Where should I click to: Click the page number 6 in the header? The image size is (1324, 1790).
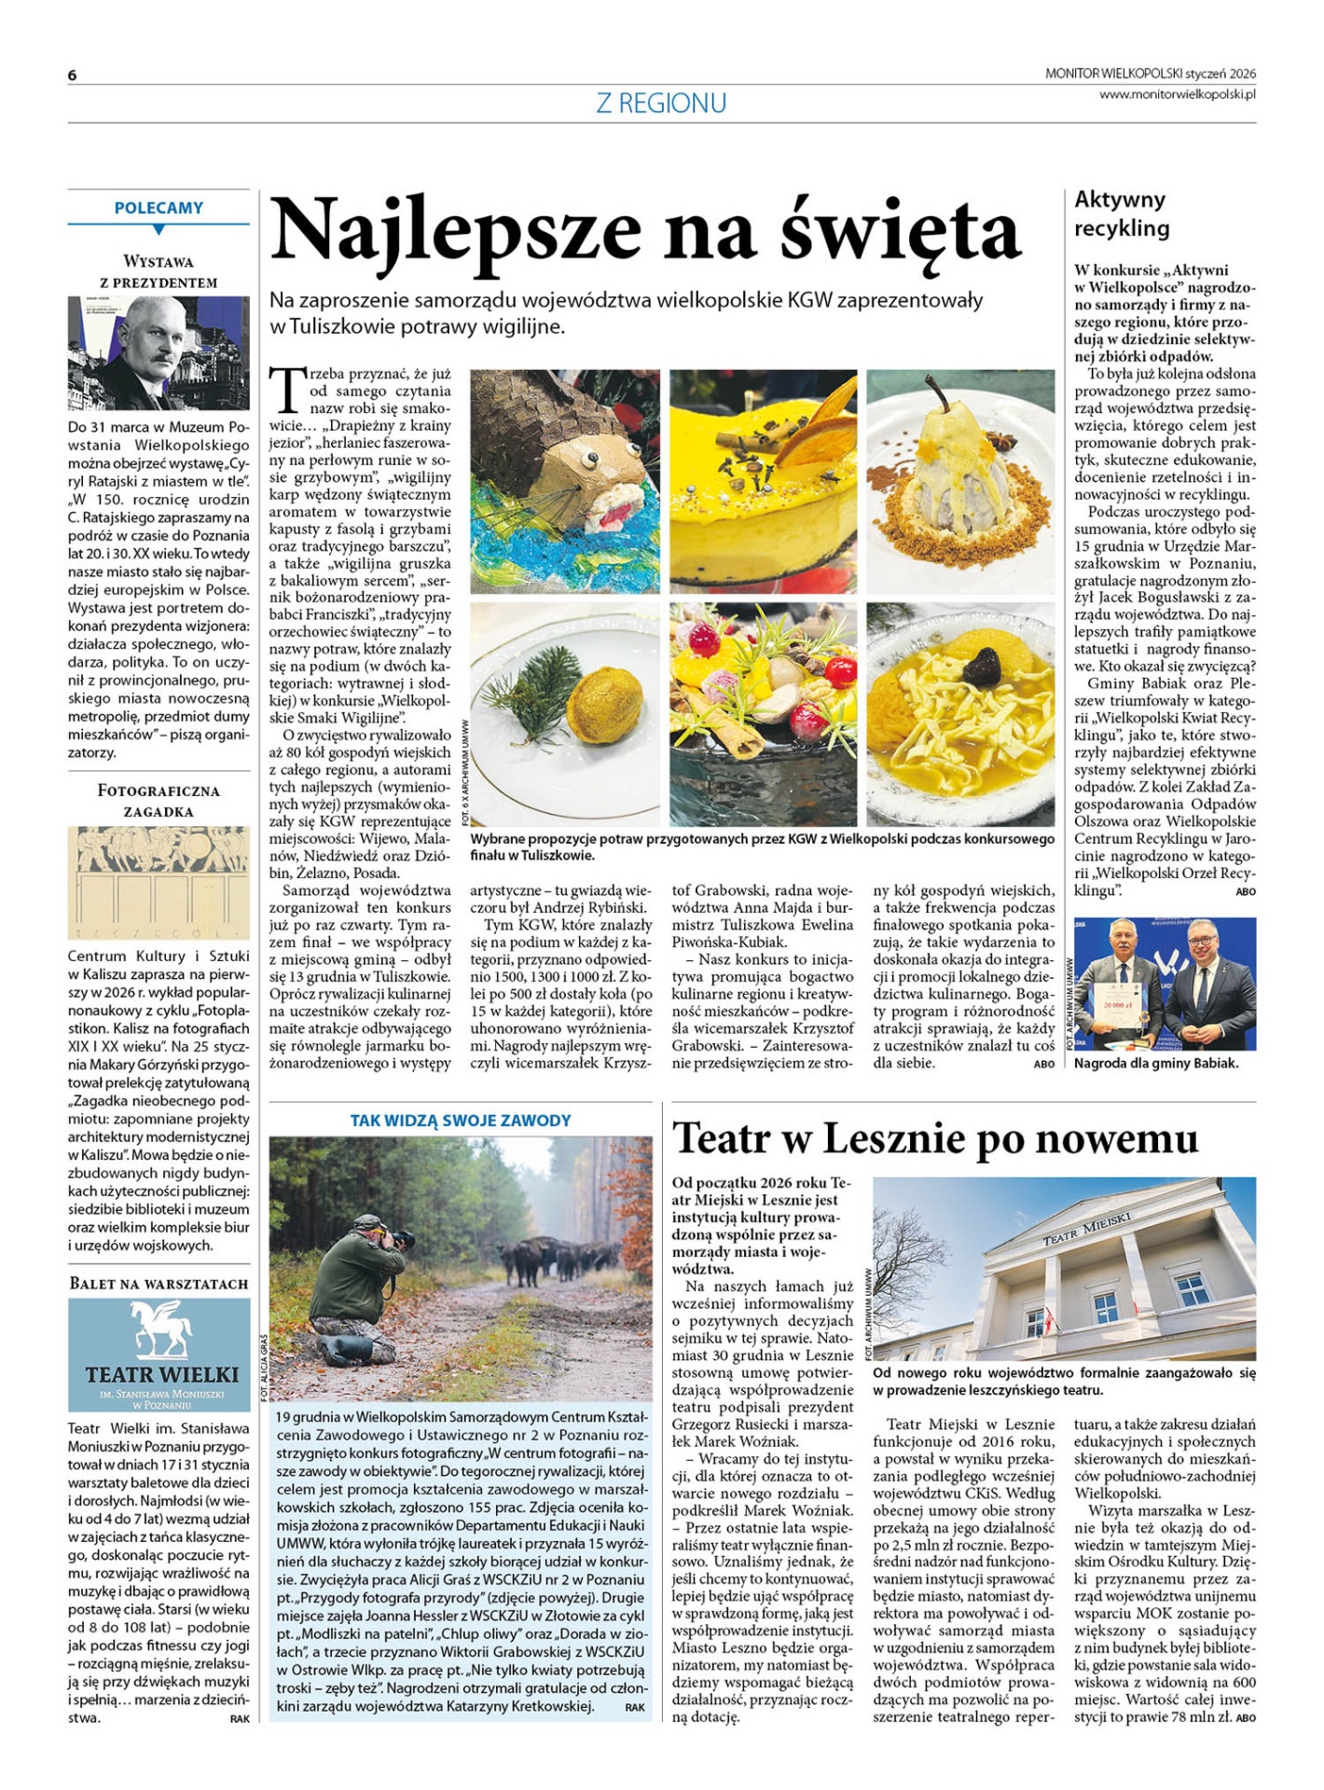[72, 76]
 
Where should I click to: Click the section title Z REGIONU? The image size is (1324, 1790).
[661, 103]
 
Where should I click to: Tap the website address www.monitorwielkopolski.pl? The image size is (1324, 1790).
[1177, 93]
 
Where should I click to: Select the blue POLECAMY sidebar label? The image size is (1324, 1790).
[159, 208]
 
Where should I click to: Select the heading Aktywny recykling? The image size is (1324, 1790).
[1121, 213]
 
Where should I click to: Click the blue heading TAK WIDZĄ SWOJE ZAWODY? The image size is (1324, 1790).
[461, 1121]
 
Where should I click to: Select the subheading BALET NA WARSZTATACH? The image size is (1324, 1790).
[159, 1284]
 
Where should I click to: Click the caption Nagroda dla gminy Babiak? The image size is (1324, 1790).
[1156, 1063]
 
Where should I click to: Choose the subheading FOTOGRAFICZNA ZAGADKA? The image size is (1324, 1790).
[159, 801]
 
